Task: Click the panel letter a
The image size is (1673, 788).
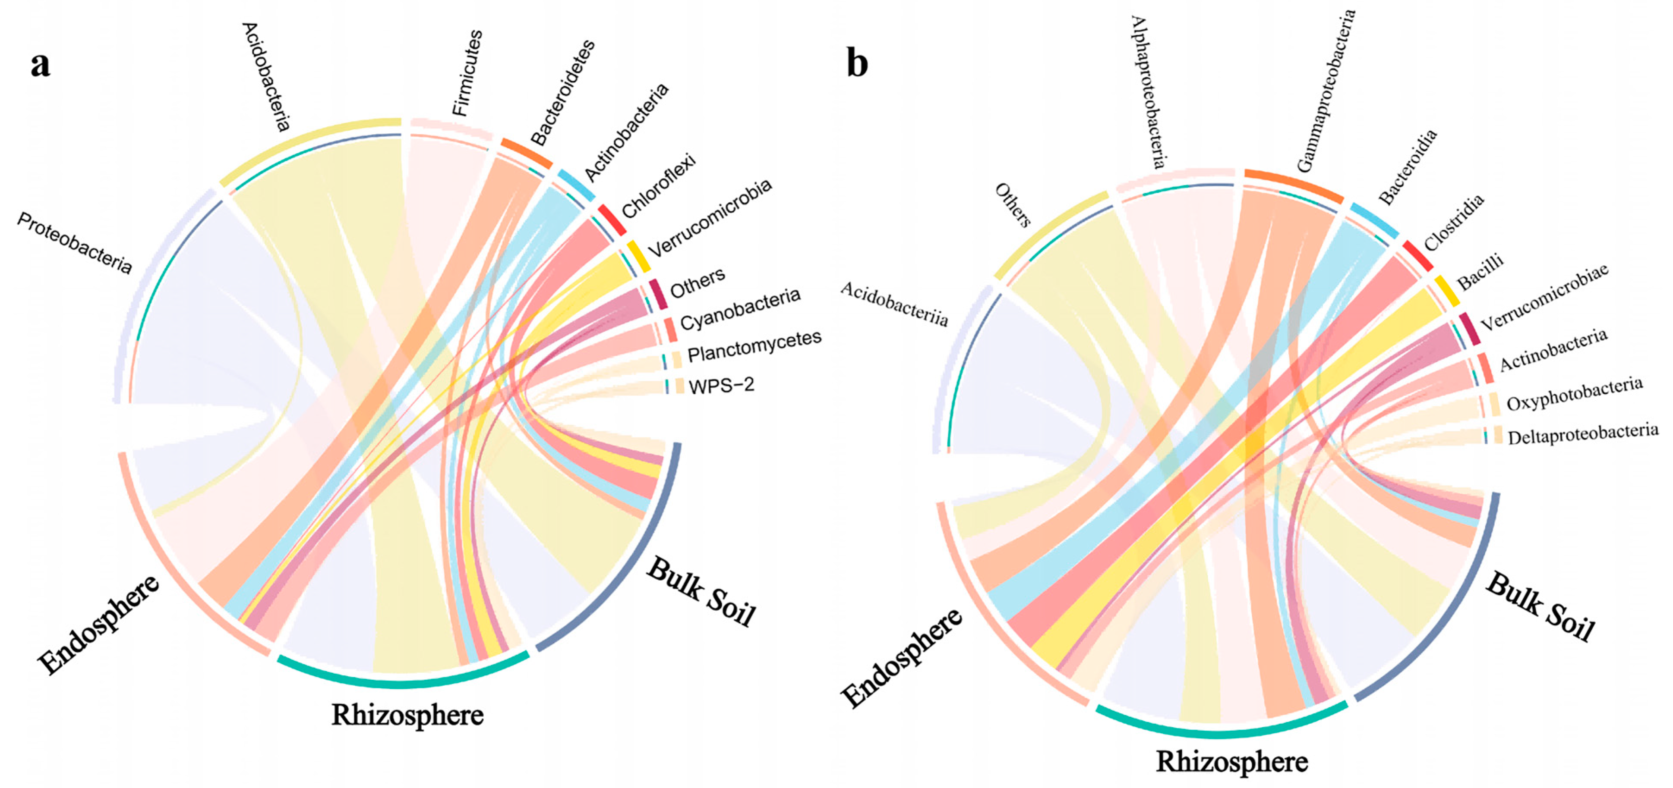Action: (x=40, y=65)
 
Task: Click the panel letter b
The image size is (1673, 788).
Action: (x=857, y=64)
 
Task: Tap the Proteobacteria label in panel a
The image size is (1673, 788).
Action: (x=74, y=243)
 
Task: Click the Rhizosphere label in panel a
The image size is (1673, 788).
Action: (x=407, y=715)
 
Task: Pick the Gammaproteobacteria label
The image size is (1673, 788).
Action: (x=1325, y=91)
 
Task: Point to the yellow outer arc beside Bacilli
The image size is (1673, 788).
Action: (x=1447, y=291)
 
